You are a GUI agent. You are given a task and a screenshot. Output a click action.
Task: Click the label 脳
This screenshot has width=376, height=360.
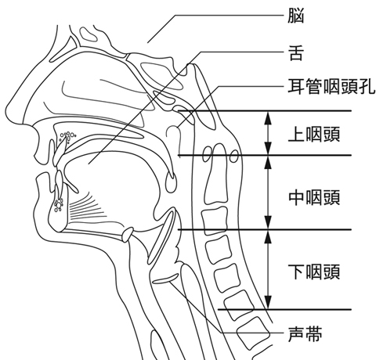pos(296,16)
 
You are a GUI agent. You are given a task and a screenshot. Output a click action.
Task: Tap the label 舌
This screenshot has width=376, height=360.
pos(296,53)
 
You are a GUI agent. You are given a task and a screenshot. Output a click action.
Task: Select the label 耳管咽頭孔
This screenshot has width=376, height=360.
pos(331,86)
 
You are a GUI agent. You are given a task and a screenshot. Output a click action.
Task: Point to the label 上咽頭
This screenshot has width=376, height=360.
pos(314,134)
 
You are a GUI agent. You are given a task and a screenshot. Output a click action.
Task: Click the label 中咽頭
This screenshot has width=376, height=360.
pos(314,197)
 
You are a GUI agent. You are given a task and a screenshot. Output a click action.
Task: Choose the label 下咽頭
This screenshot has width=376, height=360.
pos(314,272)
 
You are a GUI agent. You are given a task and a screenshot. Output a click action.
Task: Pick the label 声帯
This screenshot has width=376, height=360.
pos(305,334)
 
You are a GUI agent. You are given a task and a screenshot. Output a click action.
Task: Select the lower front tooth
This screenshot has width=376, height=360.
pos(60,181)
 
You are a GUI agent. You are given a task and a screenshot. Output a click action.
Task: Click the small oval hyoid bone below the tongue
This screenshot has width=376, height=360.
pos(128,233)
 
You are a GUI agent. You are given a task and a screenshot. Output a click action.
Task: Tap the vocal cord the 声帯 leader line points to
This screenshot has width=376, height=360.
pos(165,279)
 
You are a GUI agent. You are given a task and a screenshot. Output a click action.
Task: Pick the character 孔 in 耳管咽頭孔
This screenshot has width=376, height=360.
pos(367,86)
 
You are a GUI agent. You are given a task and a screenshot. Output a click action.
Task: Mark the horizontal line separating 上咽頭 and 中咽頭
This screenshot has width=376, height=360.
pos(265,155)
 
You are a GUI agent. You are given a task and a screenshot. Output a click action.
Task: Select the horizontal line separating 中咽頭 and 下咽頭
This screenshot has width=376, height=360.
pos(265,229)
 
